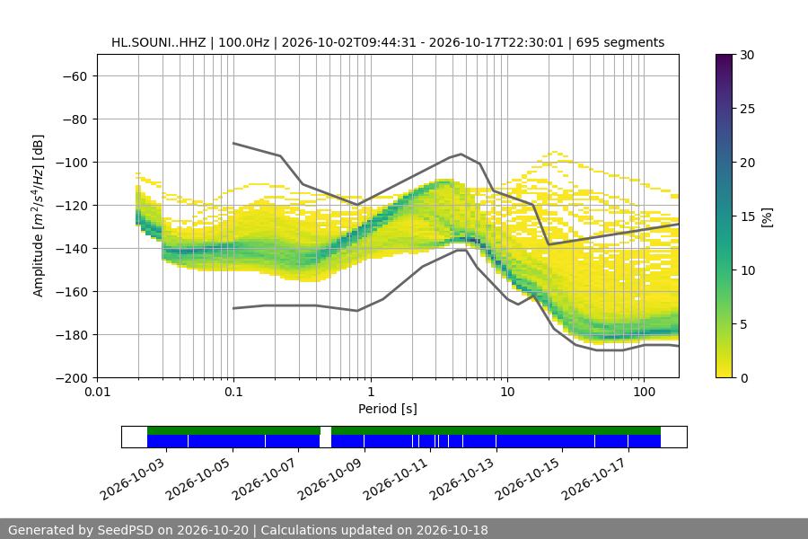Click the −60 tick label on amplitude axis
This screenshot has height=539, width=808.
(75, 76)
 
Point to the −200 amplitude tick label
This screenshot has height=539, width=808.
(72, 378)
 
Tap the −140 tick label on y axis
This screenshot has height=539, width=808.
(72, 249)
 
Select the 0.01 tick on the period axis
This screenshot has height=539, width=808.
(97, 392)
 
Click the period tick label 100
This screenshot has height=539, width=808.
(644, 392)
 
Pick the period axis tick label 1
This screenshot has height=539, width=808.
(371, 392)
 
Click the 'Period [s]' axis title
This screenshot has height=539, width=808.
(388, 409)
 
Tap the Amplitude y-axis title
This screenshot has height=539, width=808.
(38, 216)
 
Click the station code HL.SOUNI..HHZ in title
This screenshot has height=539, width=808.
(158, 42)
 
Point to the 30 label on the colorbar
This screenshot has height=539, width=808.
(747, 55)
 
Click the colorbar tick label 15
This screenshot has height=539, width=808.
(747, 216)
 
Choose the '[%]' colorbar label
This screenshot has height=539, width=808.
(768, 217)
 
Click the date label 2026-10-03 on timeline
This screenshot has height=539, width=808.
(133, 479)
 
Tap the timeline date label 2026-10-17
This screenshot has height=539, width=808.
(594, 479)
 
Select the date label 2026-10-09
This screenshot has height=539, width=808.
(330, 479)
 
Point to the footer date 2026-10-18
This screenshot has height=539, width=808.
(452, 530)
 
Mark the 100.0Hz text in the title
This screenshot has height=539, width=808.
(243, 42)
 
